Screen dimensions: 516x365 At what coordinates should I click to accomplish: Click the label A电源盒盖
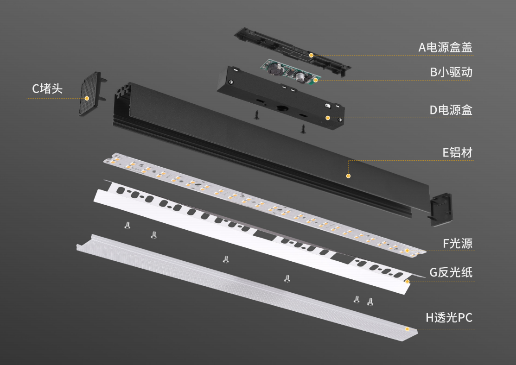(445, 47)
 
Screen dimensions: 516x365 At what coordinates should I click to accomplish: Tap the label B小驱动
(451, 72)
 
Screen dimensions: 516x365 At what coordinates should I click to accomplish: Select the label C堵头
(47, 88)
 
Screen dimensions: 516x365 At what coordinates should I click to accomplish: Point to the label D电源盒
(451, 110)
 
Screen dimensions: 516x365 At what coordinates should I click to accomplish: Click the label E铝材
(458, 152)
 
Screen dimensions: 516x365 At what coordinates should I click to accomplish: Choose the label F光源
(458, 243)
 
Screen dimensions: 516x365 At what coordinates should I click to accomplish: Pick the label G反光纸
(451, 272)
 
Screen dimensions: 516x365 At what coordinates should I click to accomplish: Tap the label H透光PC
(449, 318)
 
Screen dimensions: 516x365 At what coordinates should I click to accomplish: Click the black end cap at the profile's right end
(440, 210)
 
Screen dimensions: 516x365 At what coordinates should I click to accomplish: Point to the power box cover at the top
(292, 51)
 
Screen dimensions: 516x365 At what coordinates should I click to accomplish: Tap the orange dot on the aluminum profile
(348, 176)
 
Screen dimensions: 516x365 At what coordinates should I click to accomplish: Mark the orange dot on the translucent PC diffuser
(408, 329)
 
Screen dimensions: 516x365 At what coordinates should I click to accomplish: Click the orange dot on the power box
(328, 118)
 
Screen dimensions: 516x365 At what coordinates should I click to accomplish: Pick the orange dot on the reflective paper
(408, 282)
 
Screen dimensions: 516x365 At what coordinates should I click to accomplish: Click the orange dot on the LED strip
(408, 251)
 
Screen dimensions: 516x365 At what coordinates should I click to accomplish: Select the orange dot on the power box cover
(311, 55)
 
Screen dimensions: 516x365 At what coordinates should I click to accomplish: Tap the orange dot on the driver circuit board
(315, 80)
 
